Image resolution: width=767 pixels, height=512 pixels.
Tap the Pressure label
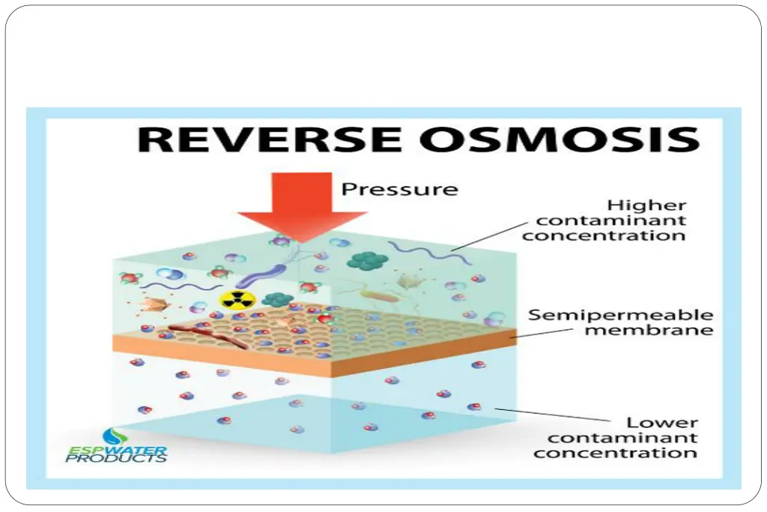[399, 188]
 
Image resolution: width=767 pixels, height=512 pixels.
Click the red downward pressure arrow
[300, 210]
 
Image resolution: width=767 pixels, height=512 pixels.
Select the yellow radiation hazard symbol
[237, 300]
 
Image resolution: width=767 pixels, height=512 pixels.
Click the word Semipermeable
[620, 315]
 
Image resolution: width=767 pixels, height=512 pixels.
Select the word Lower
[662, 423]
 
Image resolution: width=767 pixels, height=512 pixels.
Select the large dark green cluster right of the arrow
[367, 259]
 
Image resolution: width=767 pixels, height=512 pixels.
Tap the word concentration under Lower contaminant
[616, 453]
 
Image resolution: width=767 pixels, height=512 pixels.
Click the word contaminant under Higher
[604, 220]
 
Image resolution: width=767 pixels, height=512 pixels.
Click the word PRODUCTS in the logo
[116, 458]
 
